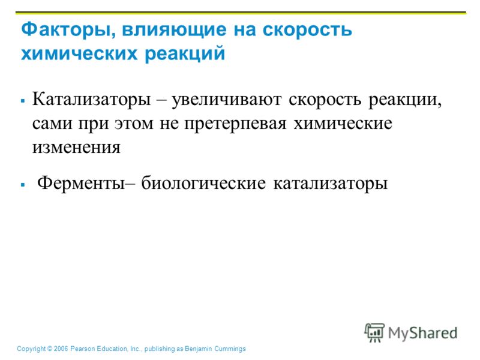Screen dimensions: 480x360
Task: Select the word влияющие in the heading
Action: point(174,29)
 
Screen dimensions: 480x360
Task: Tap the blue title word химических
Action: point(79,53)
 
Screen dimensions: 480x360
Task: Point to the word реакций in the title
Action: point(185,54)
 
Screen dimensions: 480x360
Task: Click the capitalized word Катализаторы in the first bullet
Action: point(92,100)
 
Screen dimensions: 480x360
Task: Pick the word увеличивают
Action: point(226,100)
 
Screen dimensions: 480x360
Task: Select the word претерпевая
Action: point(235,124)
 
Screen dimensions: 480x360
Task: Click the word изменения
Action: point(77,147)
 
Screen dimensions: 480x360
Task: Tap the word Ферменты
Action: point(81,184)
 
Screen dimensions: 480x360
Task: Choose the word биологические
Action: point(203,183)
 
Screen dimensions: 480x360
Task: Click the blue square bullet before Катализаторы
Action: point(23,100)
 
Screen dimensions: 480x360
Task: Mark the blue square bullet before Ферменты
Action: point(23,185)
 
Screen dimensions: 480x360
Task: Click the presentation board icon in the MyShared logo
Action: point(374,332)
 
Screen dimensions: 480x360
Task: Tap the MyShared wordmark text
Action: point(423,333)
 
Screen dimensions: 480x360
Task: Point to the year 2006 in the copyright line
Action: point(61,349)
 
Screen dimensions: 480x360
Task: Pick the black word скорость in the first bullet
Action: point(325,100)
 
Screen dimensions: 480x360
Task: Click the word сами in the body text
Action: point(52,124)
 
